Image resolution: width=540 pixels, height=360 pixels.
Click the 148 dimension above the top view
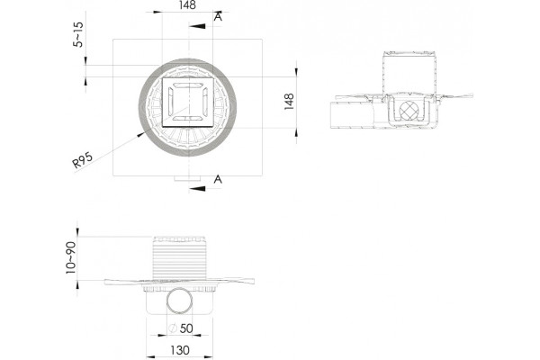(187, 5)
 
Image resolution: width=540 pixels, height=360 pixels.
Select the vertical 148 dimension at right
(289, 102)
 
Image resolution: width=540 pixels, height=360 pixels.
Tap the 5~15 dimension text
(78, 34)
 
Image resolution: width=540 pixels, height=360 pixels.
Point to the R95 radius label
(83, 160)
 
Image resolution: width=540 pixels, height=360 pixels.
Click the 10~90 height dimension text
(71, 257)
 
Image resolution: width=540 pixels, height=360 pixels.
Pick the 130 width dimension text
(180, 350)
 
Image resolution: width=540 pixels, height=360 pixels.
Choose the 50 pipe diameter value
(186, 328)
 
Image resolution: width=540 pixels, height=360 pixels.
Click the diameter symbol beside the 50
(173, 328)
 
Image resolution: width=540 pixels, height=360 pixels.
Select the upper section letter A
(218, 16)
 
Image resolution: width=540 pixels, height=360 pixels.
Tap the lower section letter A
(218, 179)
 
